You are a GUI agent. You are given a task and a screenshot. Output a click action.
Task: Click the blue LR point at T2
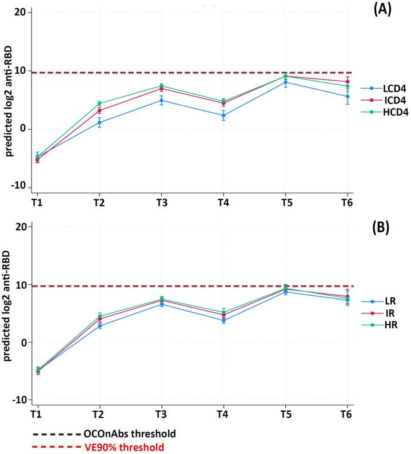click(99, 326)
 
